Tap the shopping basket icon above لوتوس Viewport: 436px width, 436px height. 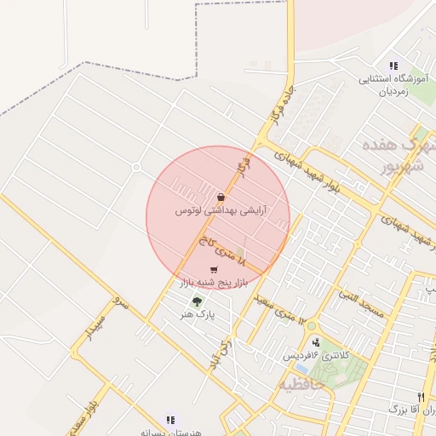(x=221, y=198)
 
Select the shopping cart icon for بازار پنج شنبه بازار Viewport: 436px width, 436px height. (x=213, y=270)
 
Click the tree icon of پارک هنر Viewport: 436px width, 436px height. (x=198, y=301)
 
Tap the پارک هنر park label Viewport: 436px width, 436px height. (x=198, y=313)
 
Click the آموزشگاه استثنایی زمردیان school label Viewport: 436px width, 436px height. (x=391, y=85)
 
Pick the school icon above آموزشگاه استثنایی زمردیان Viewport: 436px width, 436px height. (x=393, y=66)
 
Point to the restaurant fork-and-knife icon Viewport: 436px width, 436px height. (x=421, y=398)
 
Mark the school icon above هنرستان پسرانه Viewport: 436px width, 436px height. (x=170, y=420)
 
